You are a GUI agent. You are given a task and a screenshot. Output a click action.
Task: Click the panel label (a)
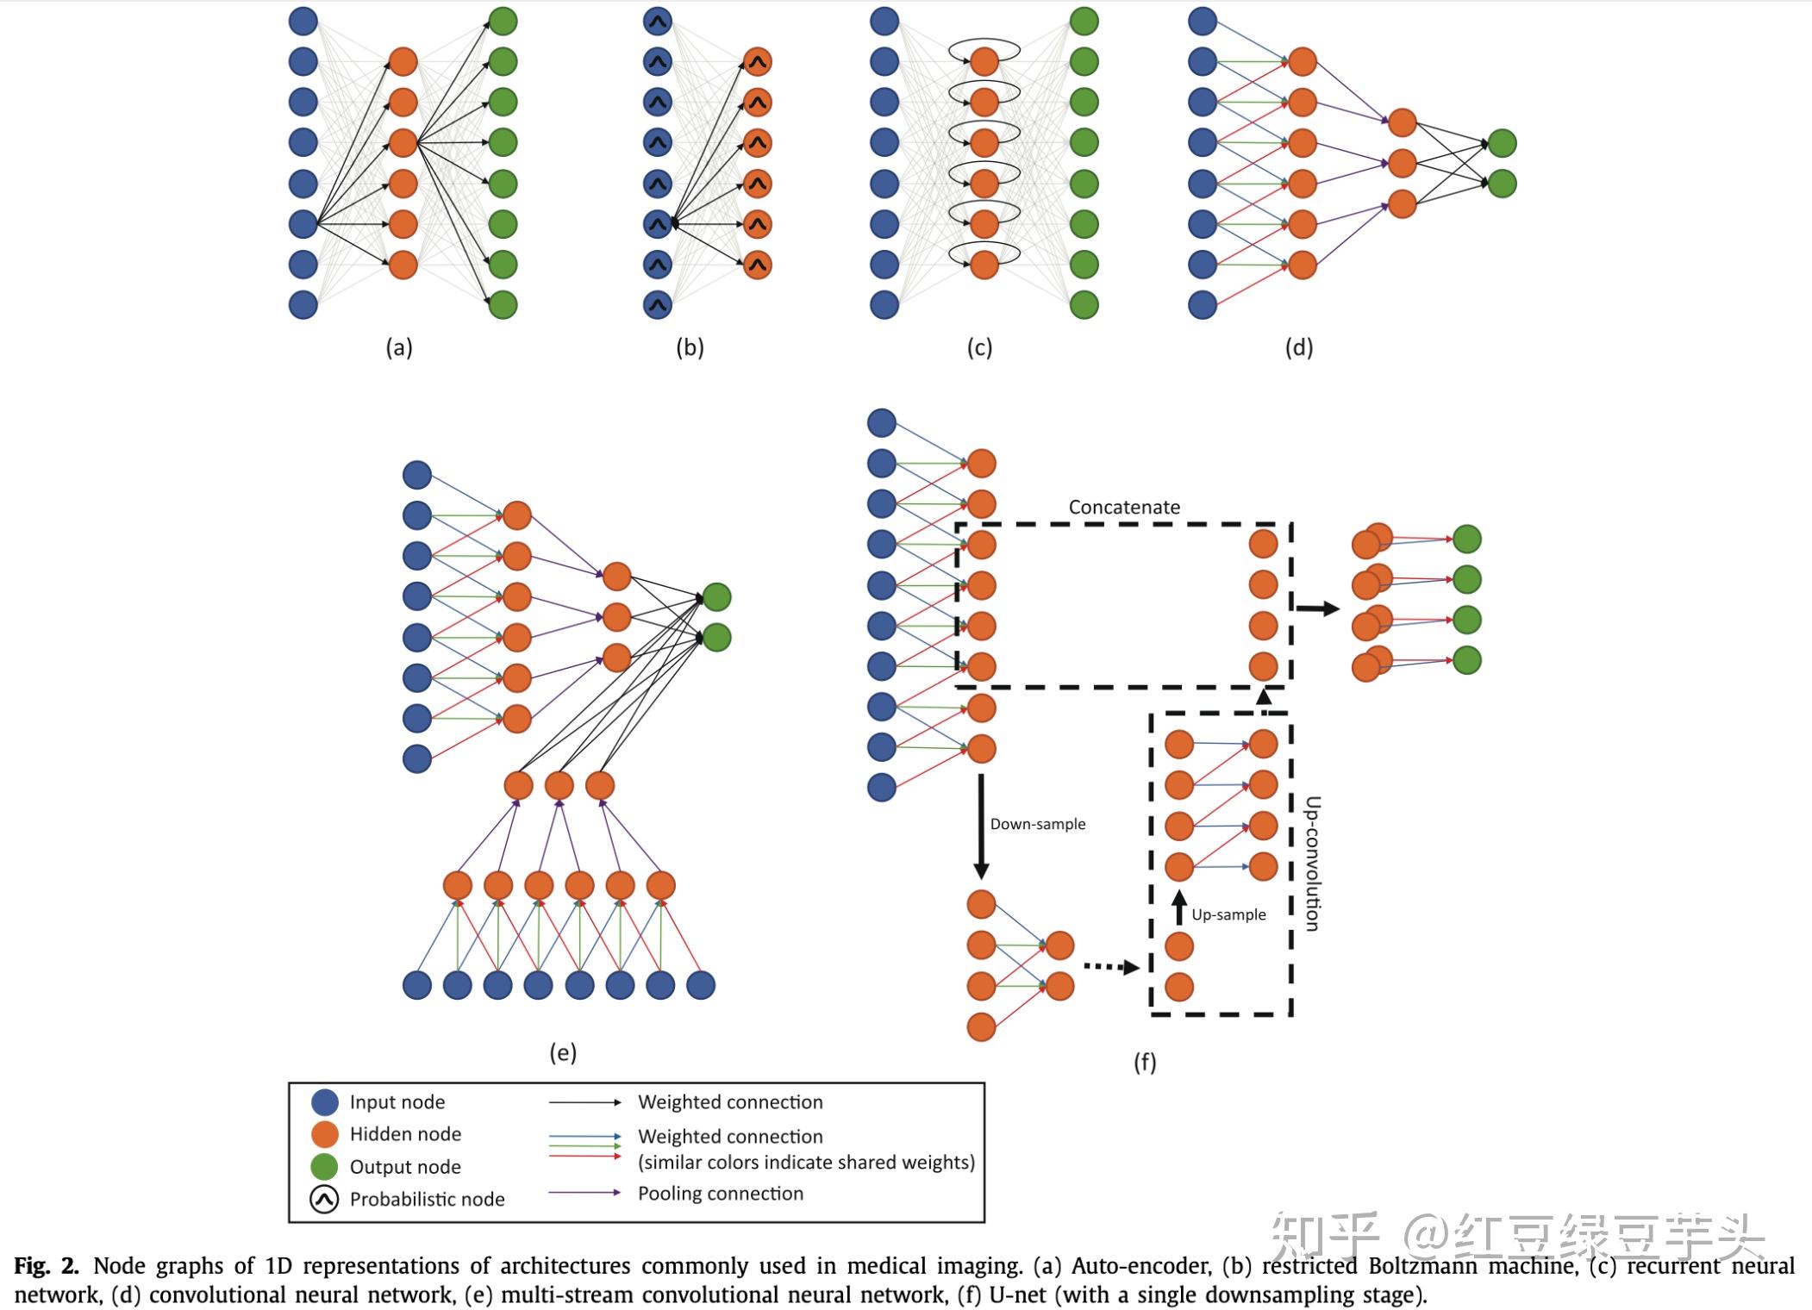click(398, 347)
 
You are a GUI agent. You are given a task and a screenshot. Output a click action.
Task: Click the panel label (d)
click(1299, 347)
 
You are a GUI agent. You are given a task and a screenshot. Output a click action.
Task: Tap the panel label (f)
click(1145, 1062)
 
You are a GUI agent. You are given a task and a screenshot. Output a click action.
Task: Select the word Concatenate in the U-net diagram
click(1124, 507)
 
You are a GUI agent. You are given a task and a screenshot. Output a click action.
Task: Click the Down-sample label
click(1037, 824)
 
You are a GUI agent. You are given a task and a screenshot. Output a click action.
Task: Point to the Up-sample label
click(1228, 914)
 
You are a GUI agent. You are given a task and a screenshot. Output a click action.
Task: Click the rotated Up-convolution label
click(1312, 864)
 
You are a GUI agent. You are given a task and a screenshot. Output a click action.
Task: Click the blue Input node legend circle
click(324, 1101)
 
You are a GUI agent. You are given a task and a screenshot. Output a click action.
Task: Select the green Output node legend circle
click(324, 1166)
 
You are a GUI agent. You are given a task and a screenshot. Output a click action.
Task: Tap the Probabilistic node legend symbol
click(324, 1199)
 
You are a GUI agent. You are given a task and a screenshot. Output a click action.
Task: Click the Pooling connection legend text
click(720, 1194)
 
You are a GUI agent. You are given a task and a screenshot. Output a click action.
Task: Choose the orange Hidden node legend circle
click(324, 1134)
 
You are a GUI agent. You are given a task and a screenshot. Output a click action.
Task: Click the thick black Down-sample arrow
click(981, 827)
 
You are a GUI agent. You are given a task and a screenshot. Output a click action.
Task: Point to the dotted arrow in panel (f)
click(1110, 967)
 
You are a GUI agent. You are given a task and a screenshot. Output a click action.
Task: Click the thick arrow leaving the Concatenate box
click(1317, 608)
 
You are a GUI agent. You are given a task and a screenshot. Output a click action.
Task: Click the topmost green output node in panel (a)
click(503, 21)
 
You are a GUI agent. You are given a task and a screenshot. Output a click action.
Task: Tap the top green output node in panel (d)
click(1502, 143)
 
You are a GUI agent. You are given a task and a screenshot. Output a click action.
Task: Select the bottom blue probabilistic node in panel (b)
click(658, 305)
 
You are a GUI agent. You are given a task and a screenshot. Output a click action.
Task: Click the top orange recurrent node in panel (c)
click(984, 61)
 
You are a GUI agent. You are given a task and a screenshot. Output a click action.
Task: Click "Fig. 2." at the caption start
click(46, 1266)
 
